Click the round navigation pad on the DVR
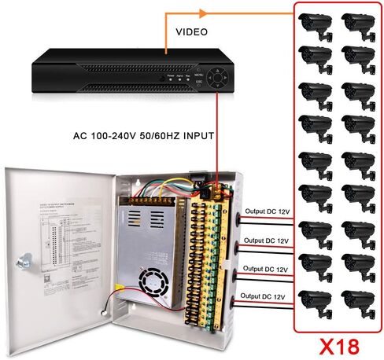click(x=224, y=78)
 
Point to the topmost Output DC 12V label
click(x=266, y=211)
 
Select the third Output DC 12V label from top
click(x=264, y=269)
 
